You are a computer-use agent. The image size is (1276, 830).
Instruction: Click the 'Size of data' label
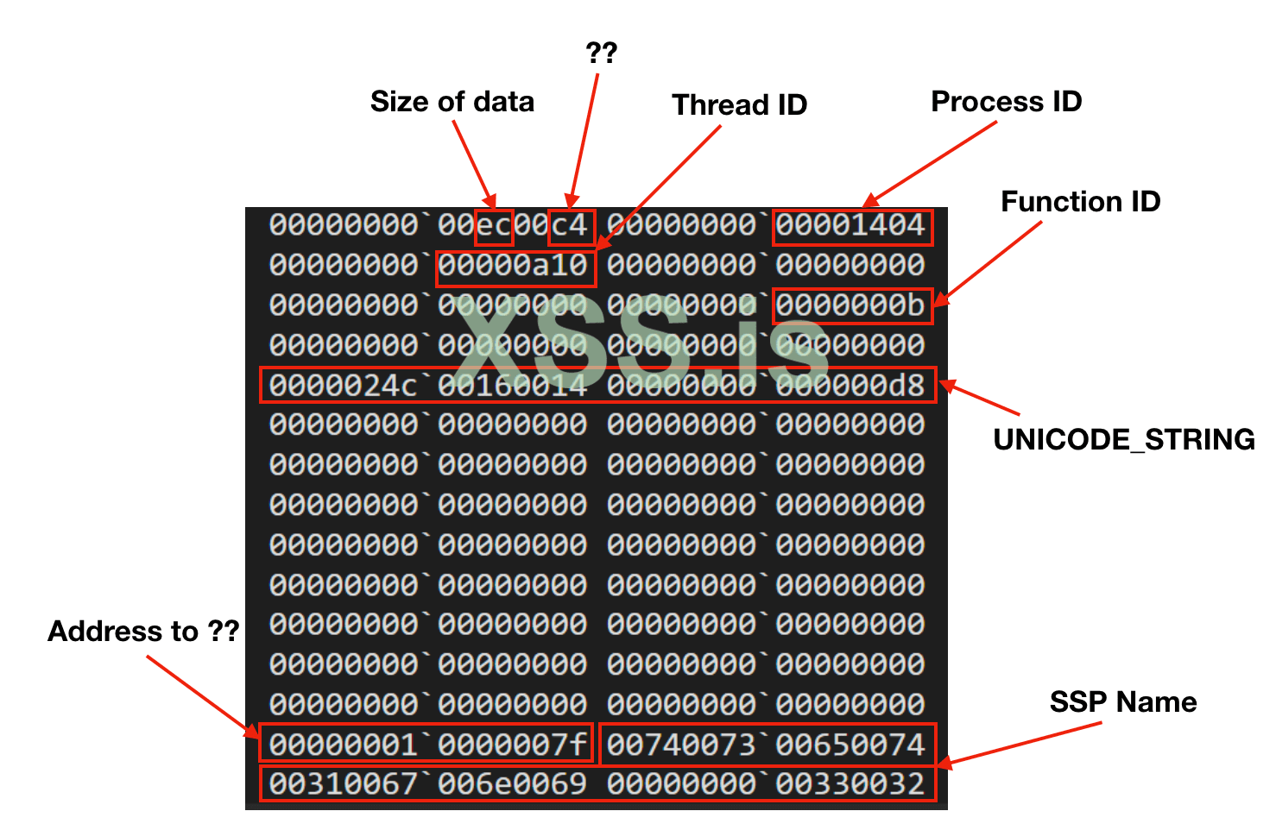[x=452, y=102]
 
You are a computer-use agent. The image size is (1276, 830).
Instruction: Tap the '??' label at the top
[x=601, y=53]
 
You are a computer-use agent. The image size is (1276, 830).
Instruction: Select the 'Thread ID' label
[x=739, y=105]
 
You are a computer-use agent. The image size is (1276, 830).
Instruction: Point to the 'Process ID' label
[x=1006, y=102]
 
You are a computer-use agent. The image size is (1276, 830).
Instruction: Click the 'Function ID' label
[x=1080, y=202]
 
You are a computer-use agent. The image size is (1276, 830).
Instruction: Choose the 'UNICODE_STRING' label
[x=1124, y=440]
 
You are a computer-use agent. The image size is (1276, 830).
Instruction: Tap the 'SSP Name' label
[x=1122, y=702]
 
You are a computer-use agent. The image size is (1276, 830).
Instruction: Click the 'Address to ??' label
[x=143, y=632]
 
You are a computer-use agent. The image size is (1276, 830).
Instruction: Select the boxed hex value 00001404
[x=851, y=226]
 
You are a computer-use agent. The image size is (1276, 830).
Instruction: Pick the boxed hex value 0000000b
[x=851, y=305]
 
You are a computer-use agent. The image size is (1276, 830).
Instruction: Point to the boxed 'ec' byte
[x=495, y=226]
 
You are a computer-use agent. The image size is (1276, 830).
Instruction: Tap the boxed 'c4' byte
[x=570, y=226]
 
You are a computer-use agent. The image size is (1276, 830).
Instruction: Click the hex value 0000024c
[x=343, y=386]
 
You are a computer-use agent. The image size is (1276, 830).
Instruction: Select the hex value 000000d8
[x=851, y=386]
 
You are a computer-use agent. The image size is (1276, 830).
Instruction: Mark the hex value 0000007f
[x=513, y=745]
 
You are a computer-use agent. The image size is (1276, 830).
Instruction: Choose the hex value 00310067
[x=343, y=784]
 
